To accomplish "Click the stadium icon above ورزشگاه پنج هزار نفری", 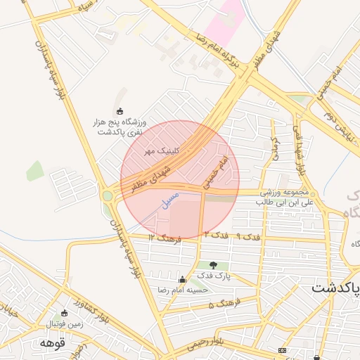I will pyautogui.click(x=120, y=111).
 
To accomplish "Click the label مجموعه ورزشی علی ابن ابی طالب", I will pyautogui.click(x=285, y=197).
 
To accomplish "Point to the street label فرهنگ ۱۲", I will pyautogui.click(x=165, y=239).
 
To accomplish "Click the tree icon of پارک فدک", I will pyautogui.click(x=214, y=265).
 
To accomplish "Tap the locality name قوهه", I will pyautogui.click(x=53, y=343).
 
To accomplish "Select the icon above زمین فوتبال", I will pyautogui.click(x=65, y=313).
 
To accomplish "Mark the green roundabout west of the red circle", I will pyautogui.click(x=107, y=195).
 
